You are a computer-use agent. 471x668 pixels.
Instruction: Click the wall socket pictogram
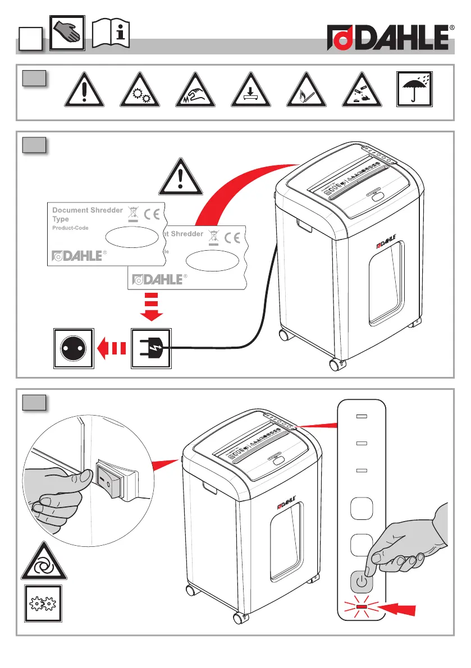click(x=74, y=349)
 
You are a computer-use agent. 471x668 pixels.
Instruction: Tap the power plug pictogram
click(x=150, y=349)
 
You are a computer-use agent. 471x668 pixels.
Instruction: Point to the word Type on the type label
click(x=60, y=219)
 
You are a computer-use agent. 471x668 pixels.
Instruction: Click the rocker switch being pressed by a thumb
click(x=112, y=478)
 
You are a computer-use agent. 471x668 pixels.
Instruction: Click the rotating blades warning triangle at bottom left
click(x=44, y=562)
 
